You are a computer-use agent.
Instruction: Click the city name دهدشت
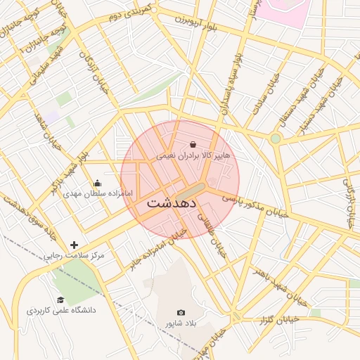coord(172,203)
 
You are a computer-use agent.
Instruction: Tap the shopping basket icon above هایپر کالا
coord(193,144)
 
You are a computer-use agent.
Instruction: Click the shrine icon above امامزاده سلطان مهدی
coord(97,184)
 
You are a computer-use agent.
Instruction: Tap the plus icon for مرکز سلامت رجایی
coord(74,245)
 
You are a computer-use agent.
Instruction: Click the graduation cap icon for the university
coord(61,300)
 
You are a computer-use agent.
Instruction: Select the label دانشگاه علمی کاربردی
coord(61,310)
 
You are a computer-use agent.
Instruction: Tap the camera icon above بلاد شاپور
coord(181,312)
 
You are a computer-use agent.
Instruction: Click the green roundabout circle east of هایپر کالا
coord(275,139)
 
